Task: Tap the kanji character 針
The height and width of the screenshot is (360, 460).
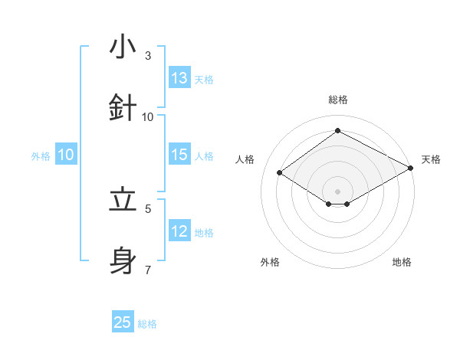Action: click(x=123, y=106)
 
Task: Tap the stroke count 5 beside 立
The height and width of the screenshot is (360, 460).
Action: click(x=148, y=208)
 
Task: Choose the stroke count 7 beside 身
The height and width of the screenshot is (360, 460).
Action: click(x=148, y=269)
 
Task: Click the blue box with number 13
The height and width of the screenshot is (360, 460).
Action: click(x=179, y=78)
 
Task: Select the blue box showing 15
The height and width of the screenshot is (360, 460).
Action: click(x=179, y=155)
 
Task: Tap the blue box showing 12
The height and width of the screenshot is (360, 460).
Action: click(x=179, y=231)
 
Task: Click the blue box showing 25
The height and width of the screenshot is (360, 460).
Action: click(x=123, y=322)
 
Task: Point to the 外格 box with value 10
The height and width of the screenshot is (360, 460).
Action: click(x=66, y=155)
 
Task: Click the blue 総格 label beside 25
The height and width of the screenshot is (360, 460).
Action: click(x=147, y=324)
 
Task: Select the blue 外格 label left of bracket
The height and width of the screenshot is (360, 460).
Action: click(x=41, y=156)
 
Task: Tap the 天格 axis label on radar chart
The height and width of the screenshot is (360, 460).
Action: click(x=431, y=159)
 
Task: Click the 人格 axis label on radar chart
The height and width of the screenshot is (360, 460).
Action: click(x=245, y=159)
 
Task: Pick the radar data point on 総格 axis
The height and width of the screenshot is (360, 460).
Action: click(x=337, y=130)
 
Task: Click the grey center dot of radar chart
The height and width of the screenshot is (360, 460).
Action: click(x=337, y=191)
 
